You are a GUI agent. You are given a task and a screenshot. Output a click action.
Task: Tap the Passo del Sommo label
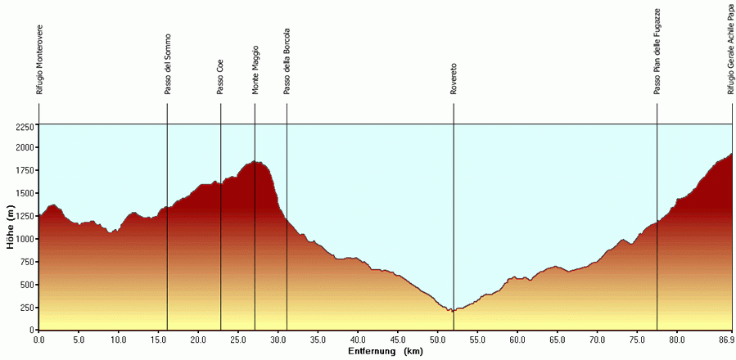tap(168, 64)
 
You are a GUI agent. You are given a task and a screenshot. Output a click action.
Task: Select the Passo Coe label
tap(220, 77)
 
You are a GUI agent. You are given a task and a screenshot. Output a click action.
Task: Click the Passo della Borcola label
tap(287, 62)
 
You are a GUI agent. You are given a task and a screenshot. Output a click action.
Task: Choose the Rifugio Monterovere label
tap(39, 60)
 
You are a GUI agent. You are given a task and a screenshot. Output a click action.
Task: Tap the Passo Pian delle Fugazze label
tap(657, 51)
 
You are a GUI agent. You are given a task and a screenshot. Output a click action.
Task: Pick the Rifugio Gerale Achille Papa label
tap(731, 49)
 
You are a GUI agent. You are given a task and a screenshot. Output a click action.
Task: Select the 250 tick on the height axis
tap(27, 308)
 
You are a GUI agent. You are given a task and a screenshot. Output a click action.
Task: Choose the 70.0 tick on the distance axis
tap(597, 339)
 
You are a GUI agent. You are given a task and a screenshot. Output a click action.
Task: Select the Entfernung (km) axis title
tap(385, 351)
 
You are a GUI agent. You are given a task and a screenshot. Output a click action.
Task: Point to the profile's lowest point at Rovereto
tap(451, 312)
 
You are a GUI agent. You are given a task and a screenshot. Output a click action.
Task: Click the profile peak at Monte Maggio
tap(255, 162)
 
